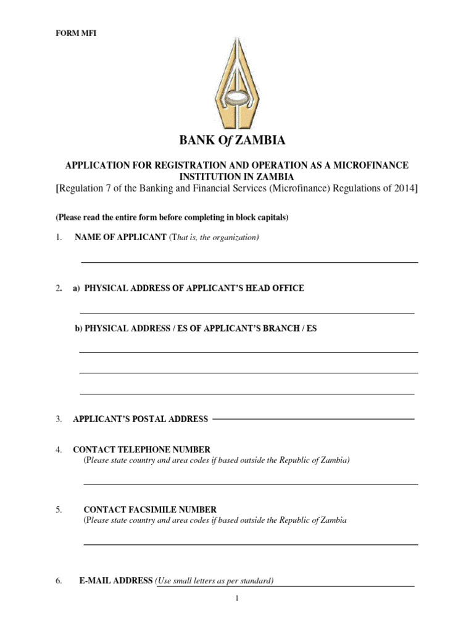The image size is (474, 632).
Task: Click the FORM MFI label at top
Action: click(x=76, y=33)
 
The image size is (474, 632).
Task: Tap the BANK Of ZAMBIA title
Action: click(x=232, y=141)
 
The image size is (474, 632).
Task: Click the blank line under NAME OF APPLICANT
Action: click(x=249, y=262)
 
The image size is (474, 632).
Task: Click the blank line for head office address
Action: click(x=247, y=313)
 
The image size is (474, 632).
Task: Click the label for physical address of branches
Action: click(x=196, y=328)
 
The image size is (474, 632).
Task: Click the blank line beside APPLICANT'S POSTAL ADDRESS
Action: click(x=313, y=418)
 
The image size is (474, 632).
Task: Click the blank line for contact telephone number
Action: click(x=250, y=483)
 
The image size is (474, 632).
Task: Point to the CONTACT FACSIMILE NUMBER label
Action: click(x=150, y=510)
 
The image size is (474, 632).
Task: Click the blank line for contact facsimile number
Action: click(x=250, y=544)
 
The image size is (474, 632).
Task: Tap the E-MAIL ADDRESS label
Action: click(x=115, y=581)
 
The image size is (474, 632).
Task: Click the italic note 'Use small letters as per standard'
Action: click(x=215, y=581)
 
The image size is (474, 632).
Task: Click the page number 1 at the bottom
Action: click(x=236, y=598)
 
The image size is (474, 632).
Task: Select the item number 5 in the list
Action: click(x=59, y=510)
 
